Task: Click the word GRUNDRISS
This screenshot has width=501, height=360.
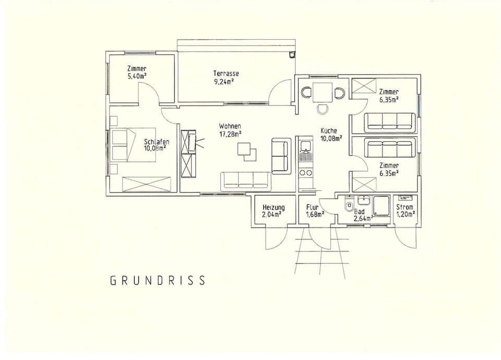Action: pos(158,281)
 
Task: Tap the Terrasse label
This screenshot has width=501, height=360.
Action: pos(226,74)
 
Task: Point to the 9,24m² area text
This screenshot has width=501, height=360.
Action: pos(224,81)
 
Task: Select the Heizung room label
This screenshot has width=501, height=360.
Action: pos(273,207)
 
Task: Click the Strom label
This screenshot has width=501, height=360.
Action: pos(405,207)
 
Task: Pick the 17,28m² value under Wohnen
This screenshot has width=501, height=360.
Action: pos(230,134)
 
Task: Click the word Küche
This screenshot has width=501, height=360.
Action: pos(329,131)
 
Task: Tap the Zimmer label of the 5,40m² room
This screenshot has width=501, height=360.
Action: pos(137,68)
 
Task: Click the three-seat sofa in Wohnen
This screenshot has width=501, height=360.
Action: pos(245,180)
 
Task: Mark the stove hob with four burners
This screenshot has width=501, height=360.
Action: pos(305,172)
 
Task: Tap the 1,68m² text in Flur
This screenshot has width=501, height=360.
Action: pos(315,214)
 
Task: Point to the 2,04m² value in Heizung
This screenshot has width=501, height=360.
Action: pos(272,214)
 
